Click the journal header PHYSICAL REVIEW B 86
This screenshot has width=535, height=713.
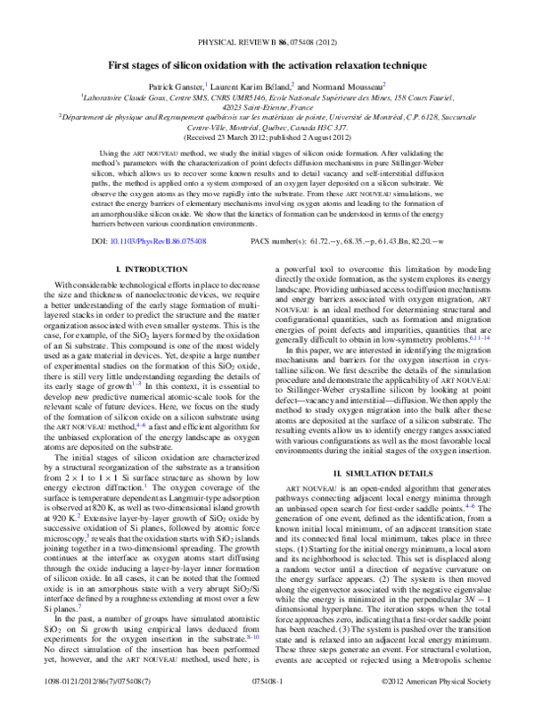267,41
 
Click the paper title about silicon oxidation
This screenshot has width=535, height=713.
267,66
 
